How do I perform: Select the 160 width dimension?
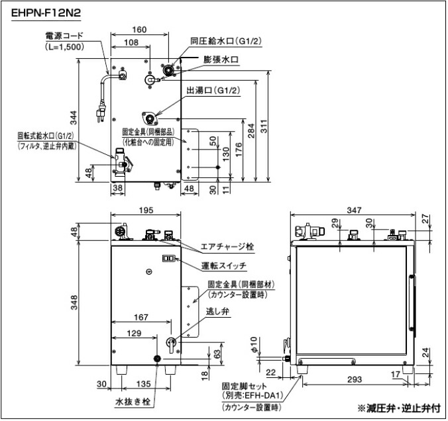pyautogui.click(x=139, y=29)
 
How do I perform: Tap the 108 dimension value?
pyautogui.click(x=131, y=42)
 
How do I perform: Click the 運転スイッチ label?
pyautogui.click(x=225, y=265)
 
